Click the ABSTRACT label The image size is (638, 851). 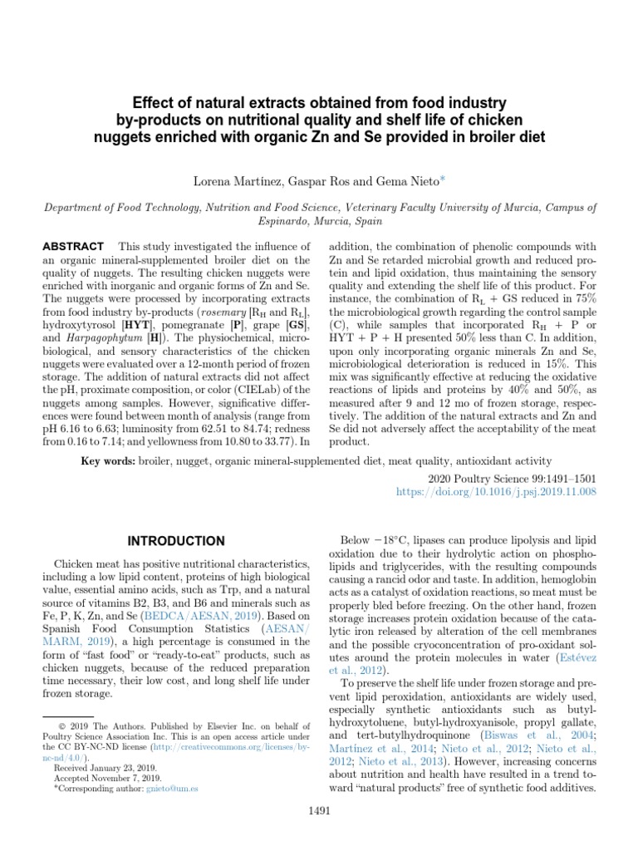(72, 247)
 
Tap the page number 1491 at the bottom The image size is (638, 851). (320, 809)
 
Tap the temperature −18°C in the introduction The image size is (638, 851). (391, 539)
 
